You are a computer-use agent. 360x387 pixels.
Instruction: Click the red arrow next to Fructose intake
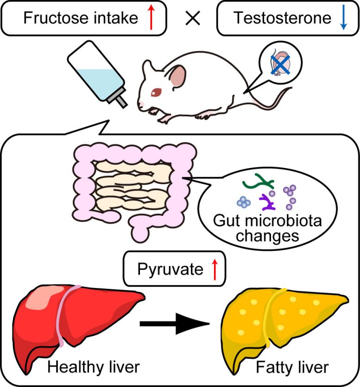tap(150, 18)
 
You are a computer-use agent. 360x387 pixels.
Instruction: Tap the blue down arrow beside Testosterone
tap(343, 18)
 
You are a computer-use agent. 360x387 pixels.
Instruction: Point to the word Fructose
tap(52, 19)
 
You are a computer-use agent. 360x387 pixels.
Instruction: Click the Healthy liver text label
tap(93, 368)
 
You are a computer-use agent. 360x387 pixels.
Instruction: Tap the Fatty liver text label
tap(299, 368)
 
